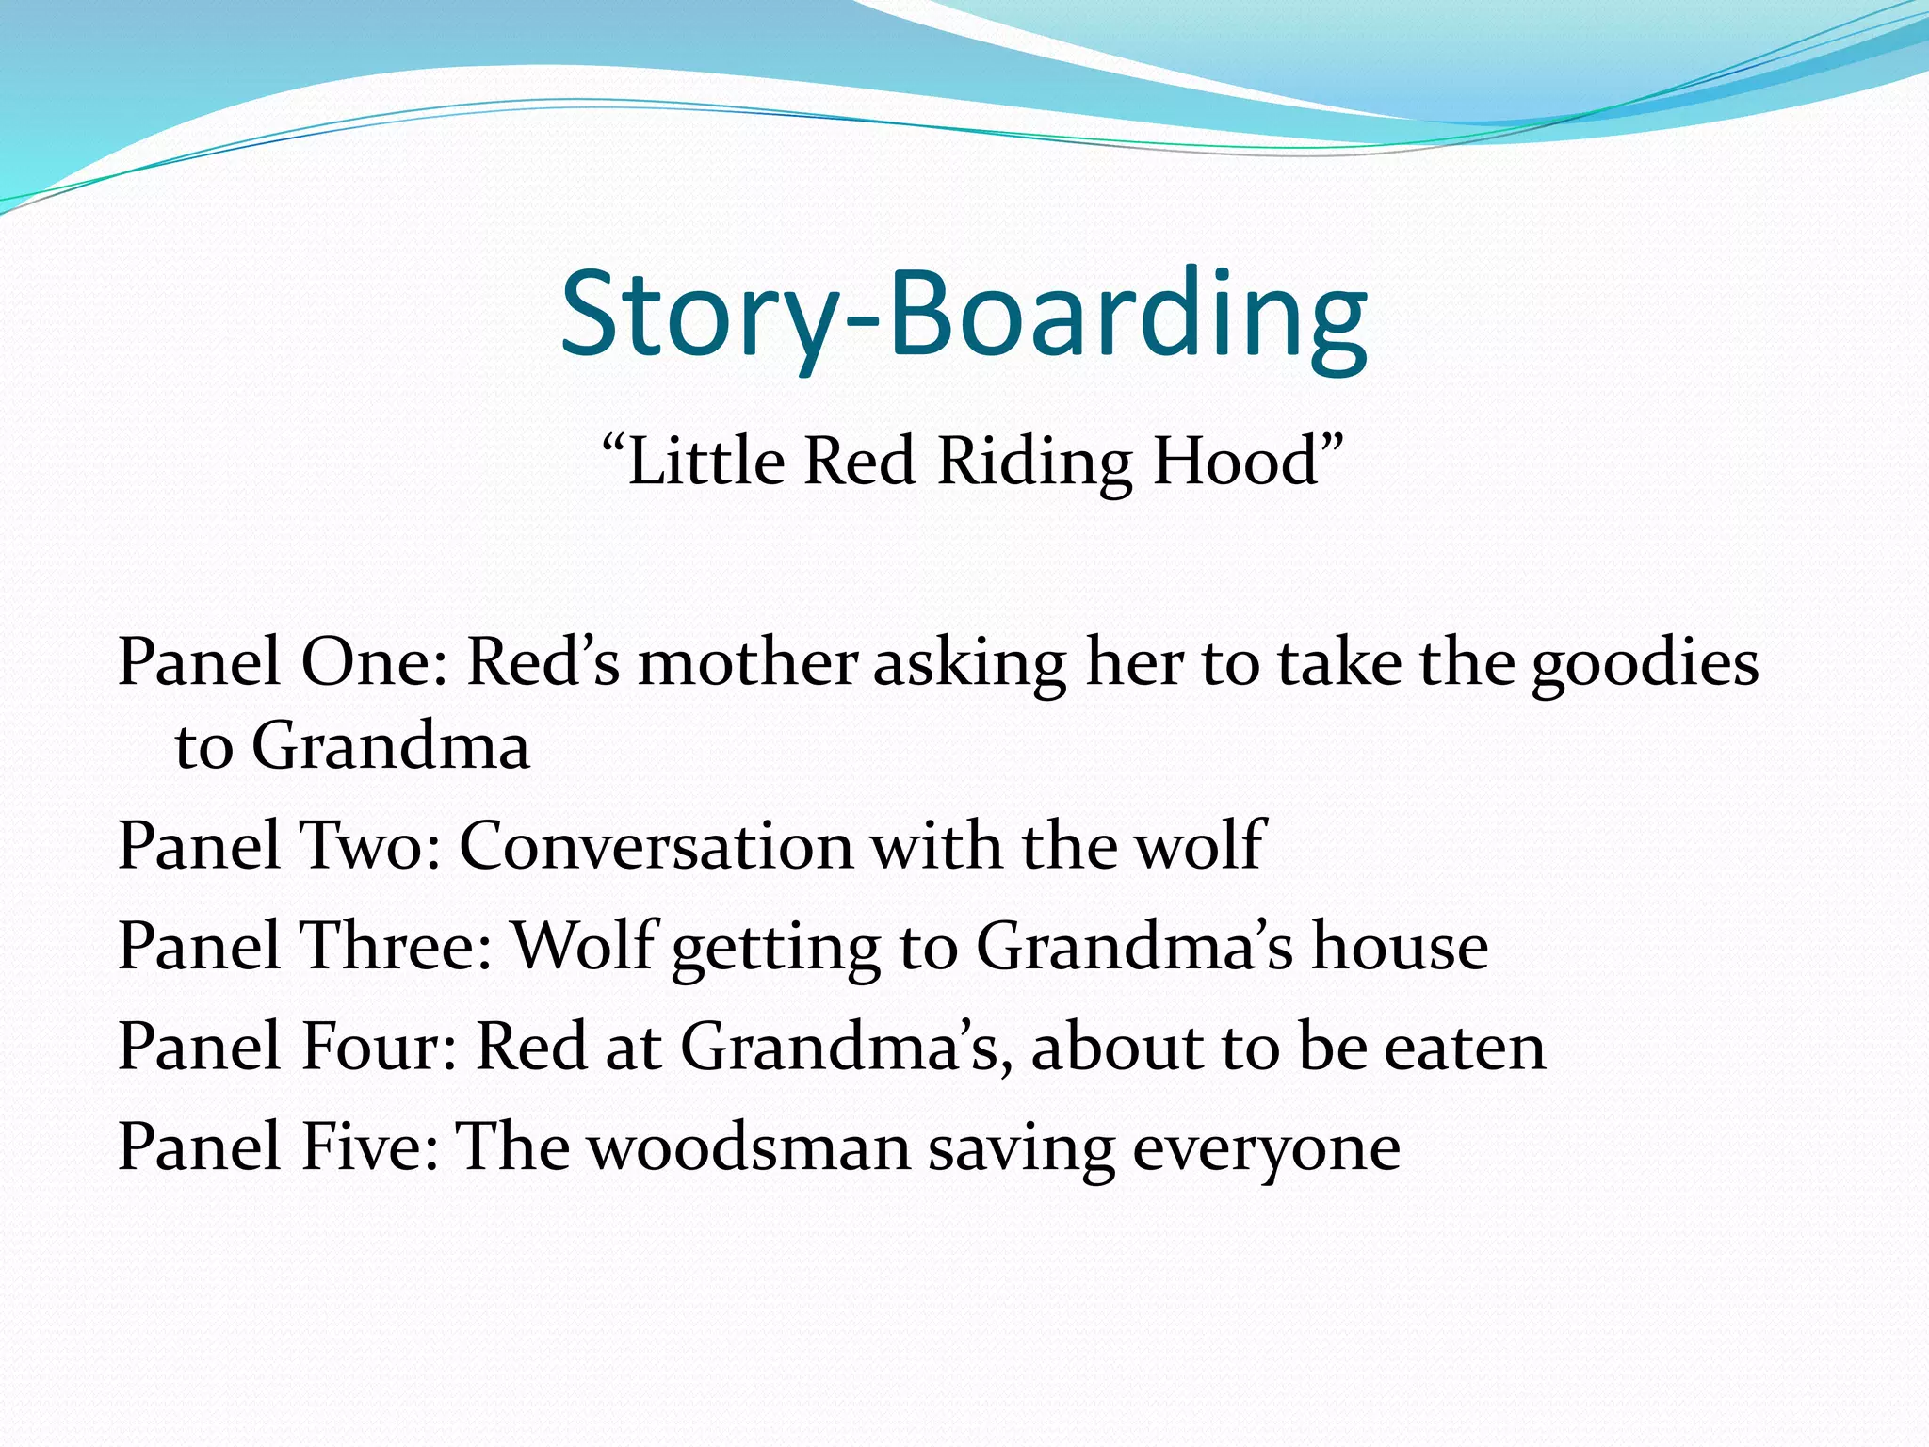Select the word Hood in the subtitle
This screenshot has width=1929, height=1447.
1236,462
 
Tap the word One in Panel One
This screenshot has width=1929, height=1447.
373,662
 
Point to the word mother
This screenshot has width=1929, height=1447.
747,662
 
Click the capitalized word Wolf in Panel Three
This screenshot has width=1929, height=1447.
583,946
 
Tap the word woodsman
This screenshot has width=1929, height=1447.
750,1147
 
